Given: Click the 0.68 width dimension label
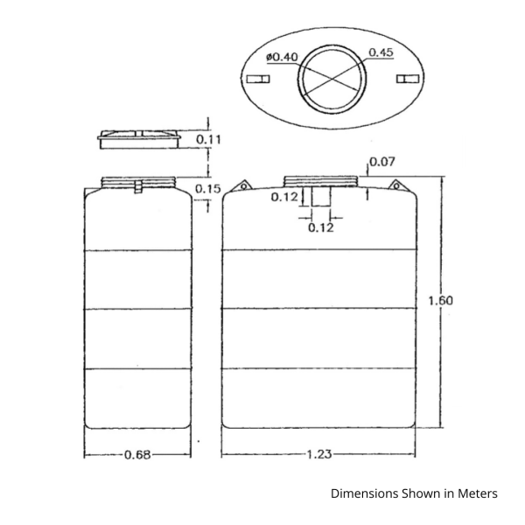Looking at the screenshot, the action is (137, 455).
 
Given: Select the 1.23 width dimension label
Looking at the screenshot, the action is (319, 454).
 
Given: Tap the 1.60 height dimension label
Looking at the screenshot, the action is (441, 301).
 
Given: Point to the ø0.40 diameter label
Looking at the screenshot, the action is (282, 57).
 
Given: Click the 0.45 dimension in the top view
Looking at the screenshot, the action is (381, 52).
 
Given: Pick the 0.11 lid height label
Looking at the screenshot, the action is (208, 139).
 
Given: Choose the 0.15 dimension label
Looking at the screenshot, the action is (208, 189).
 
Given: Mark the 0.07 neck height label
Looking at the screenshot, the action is (382, 162).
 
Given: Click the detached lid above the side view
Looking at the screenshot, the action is (139, 139).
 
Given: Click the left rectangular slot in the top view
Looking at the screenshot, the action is (258, 79).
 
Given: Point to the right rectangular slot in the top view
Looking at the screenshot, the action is (408, 79).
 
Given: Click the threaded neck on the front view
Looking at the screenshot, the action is (321, 181).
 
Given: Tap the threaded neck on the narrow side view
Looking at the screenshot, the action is (138, 182).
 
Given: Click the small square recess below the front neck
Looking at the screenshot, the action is (321, 196).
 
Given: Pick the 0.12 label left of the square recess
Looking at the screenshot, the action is (284, 197).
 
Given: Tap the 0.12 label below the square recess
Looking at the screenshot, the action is (321, 228).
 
